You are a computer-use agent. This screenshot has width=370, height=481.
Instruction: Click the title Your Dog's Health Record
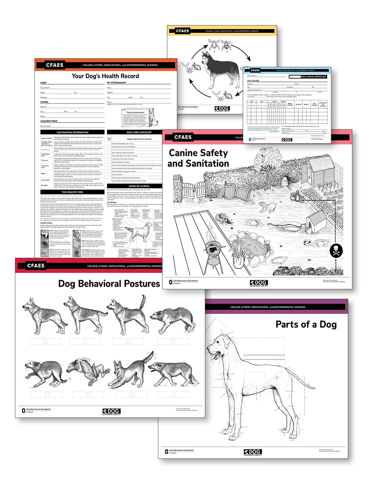click(105, 76)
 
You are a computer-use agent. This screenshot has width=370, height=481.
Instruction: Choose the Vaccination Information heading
click(72, 132)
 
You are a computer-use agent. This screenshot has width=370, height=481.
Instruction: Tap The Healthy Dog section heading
click(72, 192)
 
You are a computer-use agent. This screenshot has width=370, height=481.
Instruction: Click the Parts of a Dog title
click(306, 324)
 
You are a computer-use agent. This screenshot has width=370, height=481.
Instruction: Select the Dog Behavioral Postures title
click(109, 283)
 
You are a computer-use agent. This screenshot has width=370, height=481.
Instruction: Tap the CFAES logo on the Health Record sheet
click(55, 65)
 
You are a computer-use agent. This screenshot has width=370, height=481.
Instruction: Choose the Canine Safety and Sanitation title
click(198, 158)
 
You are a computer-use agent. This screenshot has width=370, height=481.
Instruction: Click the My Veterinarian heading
click(116, 83)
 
